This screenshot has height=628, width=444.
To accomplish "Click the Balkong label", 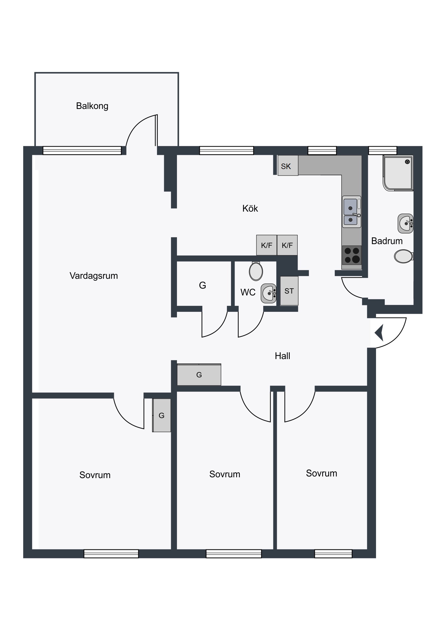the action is click(x=92, y=106).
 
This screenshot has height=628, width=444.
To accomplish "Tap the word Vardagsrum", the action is click(x=94, y=276).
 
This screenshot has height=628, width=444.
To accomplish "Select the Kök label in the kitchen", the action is click(x=250, y=208).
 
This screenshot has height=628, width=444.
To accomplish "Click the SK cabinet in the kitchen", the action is click(x=288, y=165).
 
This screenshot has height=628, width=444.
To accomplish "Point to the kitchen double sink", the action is click(x=351, y=212).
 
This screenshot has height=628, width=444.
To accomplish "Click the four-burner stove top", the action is click(x=351, y=255).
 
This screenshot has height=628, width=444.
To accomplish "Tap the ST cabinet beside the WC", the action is click(x=289, y=291).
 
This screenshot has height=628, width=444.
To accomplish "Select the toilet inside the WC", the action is click(x=256, y=271).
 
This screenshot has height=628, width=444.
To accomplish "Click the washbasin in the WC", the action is click(x=269, y=294).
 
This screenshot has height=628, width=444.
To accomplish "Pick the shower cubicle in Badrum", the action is click(x=398, y=173).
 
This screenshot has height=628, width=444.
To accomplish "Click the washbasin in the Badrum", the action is click(x=405, y=223).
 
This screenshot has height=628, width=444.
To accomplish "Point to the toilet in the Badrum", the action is click(x=404, y=256).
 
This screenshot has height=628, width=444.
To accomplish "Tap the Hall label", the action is click(x=282, y=356).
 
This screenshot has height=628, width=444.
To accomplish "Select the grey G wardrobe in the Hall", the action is click(x=199, y=374).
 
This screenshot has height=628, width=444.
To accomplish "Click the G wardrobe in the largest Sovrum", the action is click(x=162, y=415).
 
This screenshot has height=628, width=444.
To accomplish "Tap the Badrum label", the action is click(x=387, y=241).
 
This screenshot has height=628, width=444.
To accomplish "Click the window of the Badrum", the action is click(x=383, y=150).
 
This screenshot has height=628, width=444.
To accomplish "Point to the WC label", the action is click(x=248, y=292).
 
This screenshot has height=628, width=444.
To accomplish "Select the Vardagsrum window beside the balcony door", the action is click(x=82, y=150).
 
